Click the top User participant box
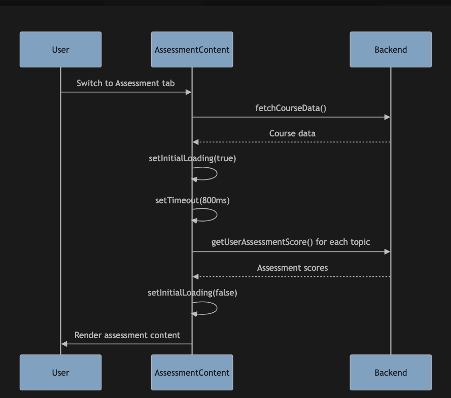pyautogui.click(x=60, y=50)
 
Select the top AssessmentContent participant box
pyautogui.click(x=192, y=50)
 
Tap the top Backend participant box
pyautogui.click(x=391, y=50)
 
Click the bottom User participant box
pyautogui.click(x=60, y=373)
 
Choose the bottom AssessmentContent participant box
pyautogui.click(x=192, y=373)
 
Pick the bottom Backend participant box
pyautogui.click(x=391, y=373)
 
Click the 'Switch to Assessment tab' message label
pyautogui.click(x=125, y=83)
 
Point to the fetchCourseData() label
pyautogui.click(x=291, y=108)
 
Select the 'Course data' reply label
pyautogui.click(x=292, y=133)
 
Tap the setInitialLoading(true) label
pyautogui.click(x=192, y=158)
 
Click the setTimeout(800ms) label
pyautogui.click(x=192, y=200)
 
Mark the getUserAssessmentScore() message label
pyautogui.click(x=291, y=242)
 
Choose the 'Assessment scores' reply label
pyautogui.click(x=292, y=268)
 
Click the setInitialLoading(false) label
pyautogui.click(x=192, y=293)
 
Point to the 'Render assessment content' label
pyautogui.click(x=127, y=335)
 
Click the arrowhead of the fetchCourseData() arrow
pyautogui.click(x=388, y=117)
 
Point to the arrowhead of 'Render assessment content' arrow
pyautogui.click(x=64, y=344)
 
